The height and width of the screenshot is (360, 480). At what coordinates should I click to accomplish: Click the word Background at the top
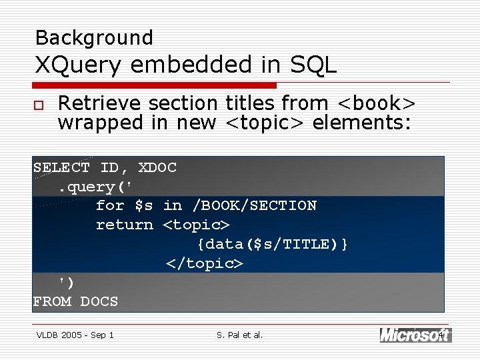click(x=93, y=37)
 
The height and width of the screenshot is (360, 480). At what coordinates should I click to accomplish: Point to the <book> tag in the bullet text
click(x=377, y=103)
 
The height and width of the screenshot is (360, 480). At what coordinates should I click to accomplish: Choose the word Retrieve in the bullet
click(x=100, y=103)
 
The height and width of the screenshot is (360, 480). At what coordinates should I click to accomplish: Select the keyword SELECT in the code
click(x=61, y=167)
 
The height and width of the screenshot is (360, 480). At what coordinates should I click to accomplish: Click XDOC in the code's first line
click(x=157, y=167)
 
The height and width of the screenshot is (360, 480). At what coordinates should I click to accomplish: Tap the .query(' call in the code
click(x=96, y=187)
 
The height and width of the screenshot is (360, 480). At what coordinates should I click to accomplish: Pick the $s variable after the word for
click(x=143, y=205)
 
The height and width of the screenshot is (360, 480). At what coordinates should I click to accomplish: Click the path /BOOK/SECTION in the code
click(x=254, y=205)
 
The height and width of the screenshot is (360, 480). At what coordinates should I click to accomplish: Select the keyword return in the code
click(x=124, y=225)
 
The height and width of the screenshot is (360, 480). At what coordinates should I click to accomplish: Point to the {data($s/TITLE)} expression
click(x=272, y=244)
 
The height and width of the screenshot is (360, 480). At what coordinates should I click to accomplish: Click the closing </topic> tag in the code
click(x=204, y=263)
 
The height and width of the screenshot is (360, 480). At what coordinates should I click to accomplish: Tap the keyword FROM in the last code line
click(x=51, y=301)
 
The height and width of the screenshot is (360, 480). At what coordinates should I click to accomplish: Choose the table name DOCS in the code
click(x=99, y=301)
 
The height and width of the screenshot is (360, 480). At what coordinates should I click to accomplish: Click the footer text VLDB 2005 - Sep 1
click(x=75, y=335)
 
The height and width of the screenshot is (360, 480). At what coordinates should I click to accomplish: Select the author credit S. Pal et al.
click(x=240, y=335)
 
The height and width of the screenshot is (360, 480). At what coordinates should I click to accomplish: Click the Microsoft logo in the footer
click(x=415, y=335)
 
